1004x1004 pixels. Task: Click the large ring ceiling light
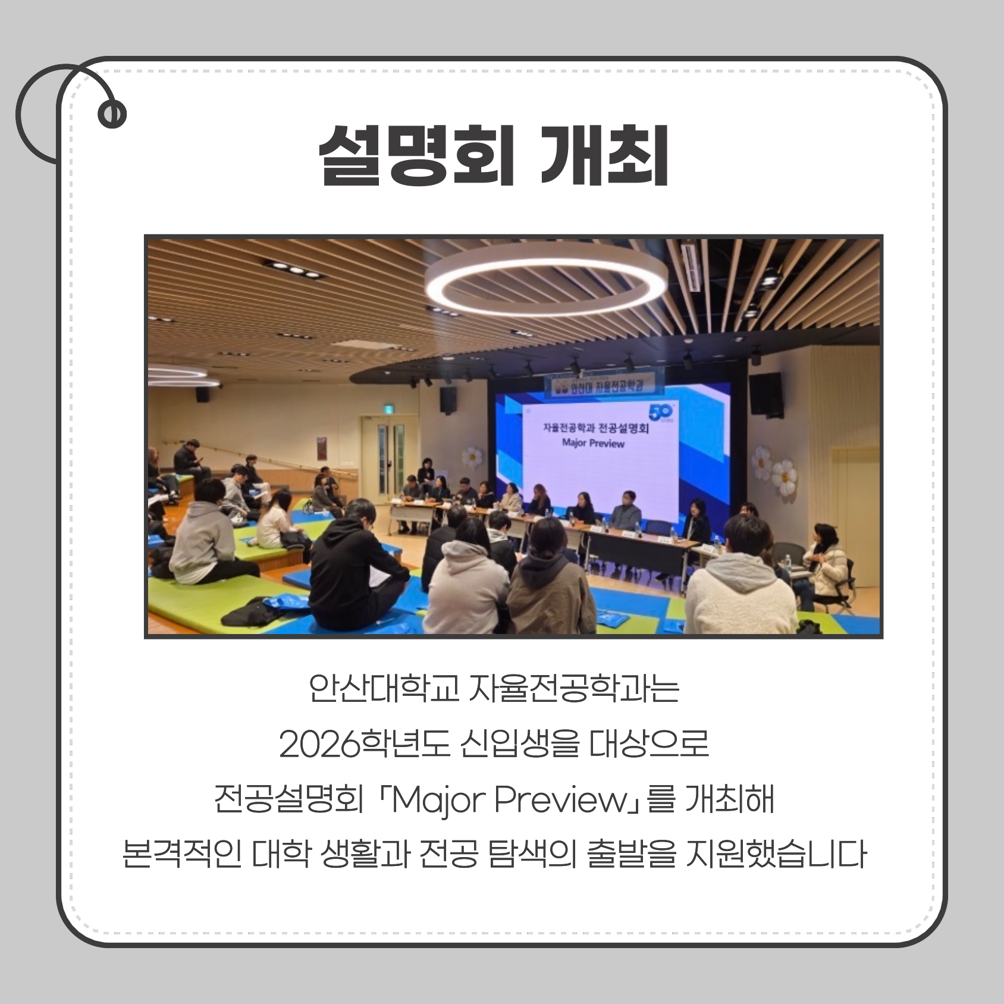pyautogui.click(x=546, y=280)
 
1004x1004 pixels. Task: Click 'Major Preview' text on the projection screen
pyautogui.click(x=584, y=443)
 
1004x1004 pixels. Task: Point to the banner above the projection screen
pyautogui.click(x=600, y=387)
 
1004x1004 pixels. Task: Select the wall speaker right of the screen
pyautogui.click(x=765, y=394)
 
